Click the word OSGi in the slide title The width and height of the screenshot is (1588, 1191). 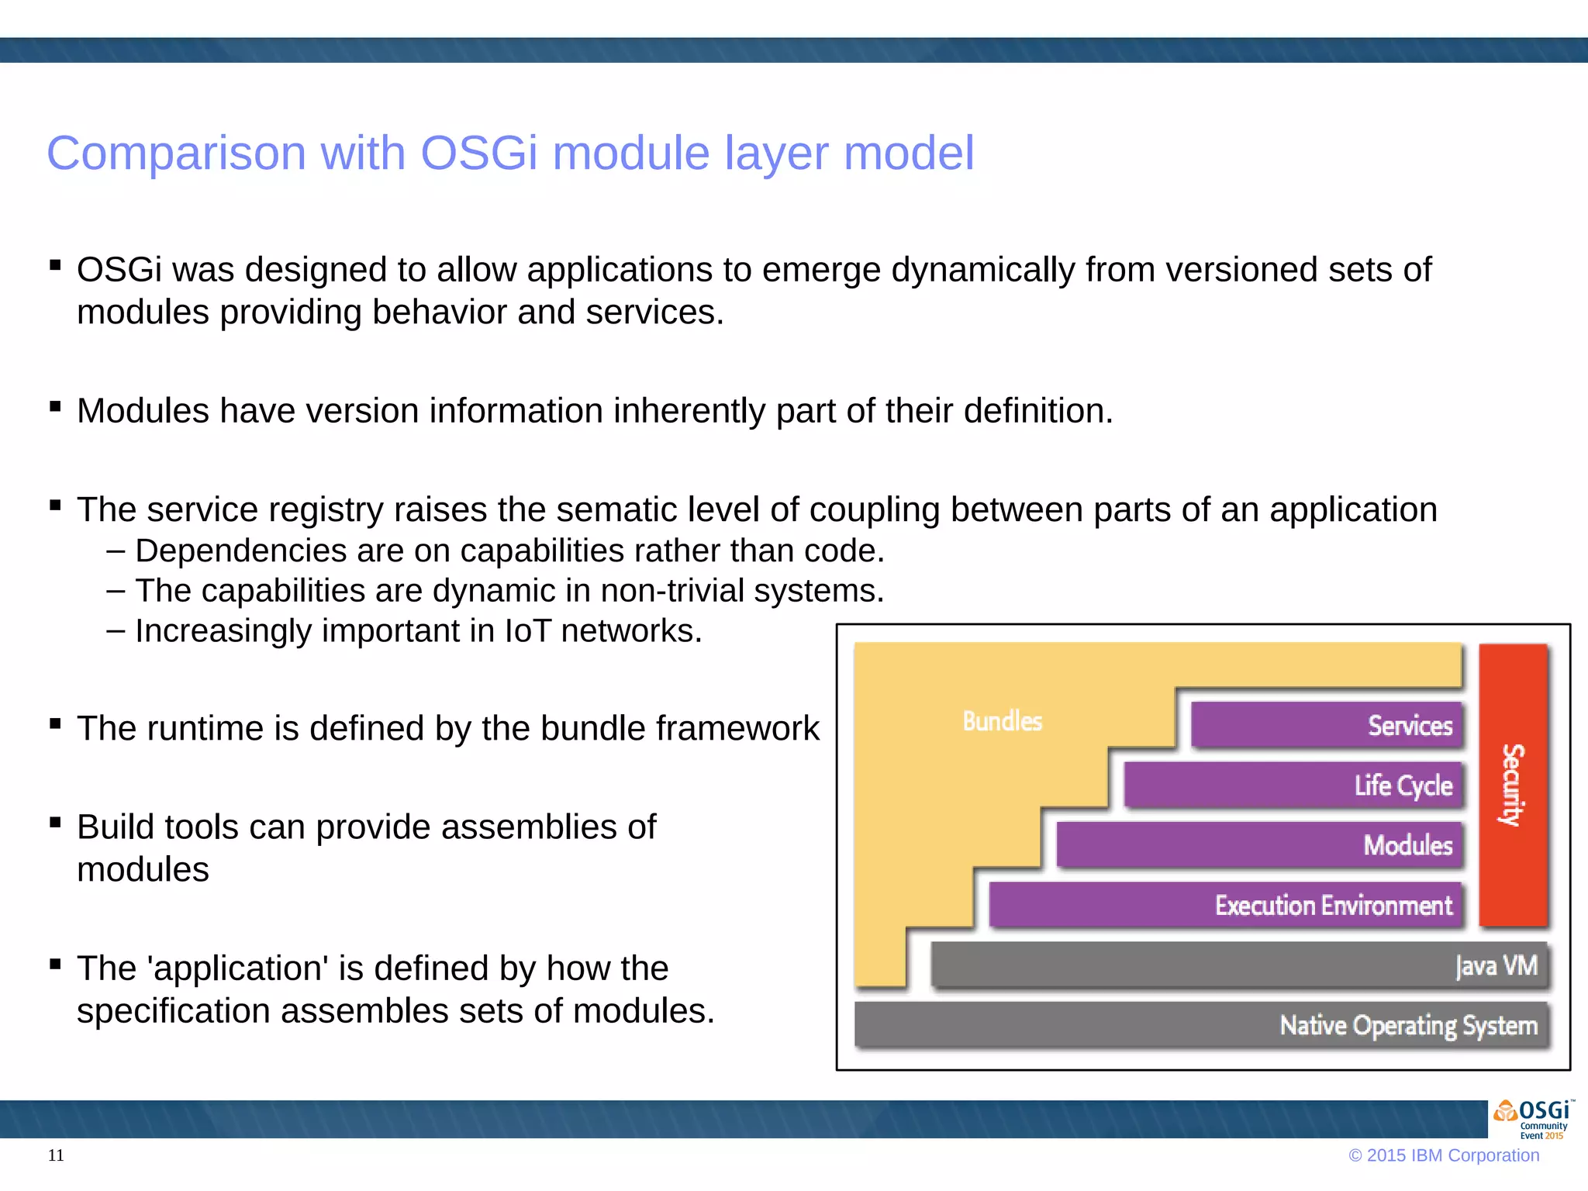coord(478,153)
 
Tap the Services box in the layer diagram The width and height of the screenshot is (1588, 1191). coord(1326,725)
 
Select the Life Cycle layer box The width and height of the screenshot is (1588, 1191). coord(1293,785)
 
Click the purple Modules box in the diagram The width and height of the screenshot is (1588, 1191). coord(1259,844)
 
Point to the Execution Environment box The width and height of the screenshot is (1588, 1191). coord(1225,905)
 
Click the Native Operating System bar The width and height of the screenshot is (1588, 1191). coord(1202,1025)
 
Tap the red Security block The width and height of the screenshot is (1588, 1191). coord(1513,785)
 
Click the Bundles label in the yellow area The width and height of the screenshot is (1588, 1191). coord(1002,721)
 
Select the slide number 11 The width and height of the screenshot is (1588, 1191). coord(56,1155)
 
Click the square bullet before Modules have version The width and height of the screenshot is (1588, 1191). coord(55,406)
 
